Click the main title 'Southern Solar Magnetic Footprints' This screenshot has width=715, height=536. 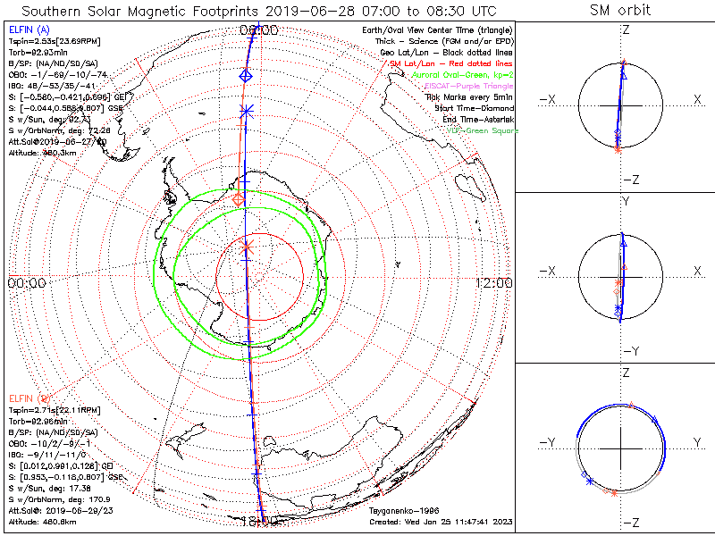click(130, 11)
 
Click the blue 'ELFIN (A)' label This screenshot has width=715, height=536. click(28, 30)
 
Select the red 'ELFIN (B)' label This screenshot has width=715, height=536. click(28, 397)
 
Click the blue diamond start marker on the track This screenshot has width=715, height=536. click(246, 78)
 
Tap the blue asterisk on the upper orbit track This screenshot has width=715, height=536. click(248, 111)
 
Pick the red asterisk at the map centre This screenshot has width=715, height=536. click(248, 245)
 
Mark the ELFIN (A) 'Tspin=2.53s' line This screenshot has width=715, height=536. click(54, 41)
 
